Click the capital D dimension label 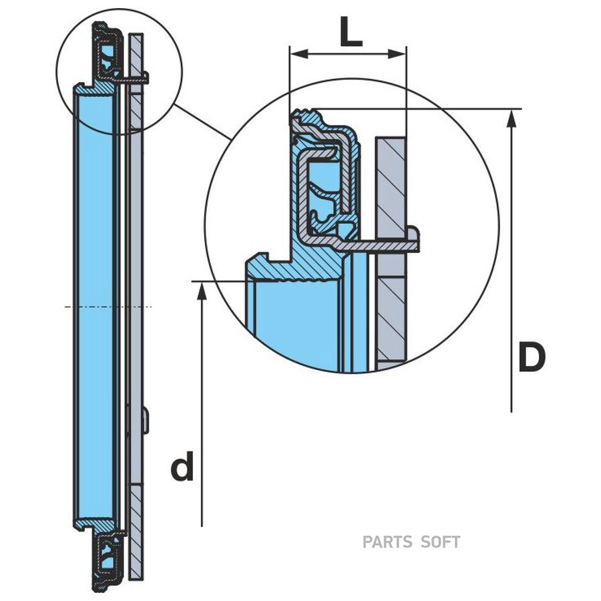(532, 359)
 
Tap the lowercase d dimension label (182, 467)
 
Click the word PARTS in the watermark (387, 542)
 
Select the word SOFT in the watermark (441, 542)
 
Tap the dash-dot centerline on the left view (107, 307)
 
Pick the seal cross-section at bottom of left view (107, 560)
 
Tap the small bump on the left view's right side (146, 421)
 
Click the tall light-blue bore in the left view (95, 307)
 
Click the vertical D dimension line (512, 267)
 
